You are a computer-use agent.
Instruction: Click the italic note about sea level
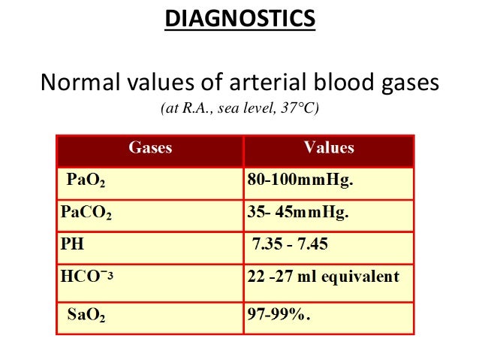(239, 110)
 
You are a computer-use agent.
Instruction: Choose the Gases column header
(150, 148)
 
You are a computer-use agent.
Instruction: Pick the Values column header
(329, 148)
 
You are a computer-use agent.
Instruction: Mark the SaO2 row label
(86, 316)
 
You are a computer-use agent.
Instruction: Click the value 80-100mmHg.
(300, 180)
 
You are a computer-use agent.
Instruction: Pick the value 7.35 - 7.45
(291, 244)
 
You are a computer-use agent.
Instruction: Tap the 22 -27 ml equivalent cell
(323, 276)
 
